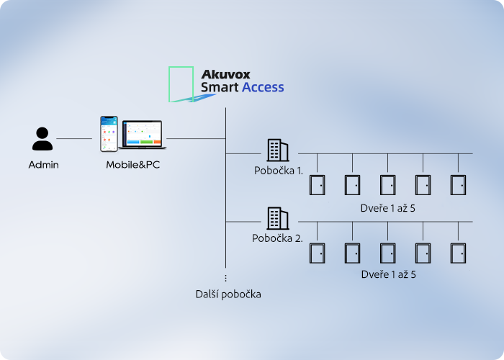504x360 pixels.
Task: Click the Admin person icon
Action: click(x=43, y=139)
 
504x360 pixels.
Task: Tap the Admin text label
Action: click(x=43, y=165)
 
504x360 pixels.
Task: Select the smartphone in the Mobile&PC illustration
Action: click(x=109, y=134)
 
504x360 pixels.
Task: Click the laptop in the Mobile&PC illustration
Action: click(x=143, y=135)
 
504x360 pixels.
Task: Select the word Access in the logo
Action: click(x=263, y=88)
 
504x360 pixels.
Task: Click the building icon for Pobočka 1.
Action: click(x=278, y=150)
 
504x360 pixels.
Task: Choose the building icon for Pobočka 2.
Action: click(x=278, y=217)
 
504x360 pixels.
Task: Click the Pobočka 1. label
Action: click(x=278, y=171)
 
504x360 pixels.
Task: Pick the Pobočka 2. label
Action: click(x=277, y=238)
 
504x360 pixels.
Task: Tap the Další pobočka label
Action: click(x=228, y=294)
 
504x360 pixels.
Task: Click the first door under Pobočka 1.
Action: click(x=317, y=185)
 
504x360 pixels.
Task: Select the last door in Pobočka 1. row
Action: click(x=459, y=185)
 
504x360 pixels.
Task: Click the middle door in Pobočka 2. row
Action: click(x=387, y=253)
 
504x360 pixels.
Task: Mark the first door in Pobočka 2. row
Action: click(x=317, y=253)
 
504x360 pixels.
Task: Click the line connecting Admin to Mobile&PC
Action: click(x=74, y=138)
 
